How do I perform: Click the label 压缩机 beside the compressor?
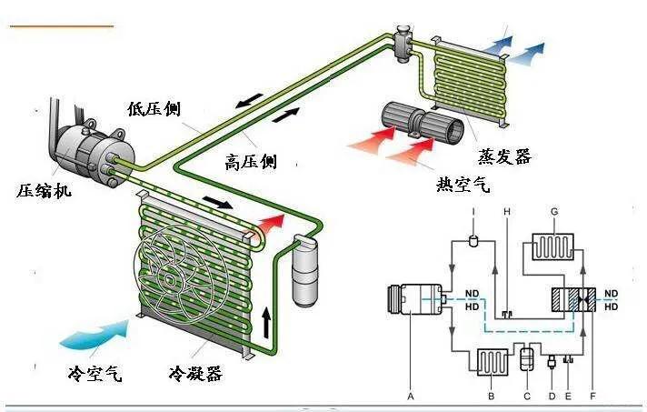pos(45,191)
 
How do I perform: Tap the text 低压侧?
pos(154,110)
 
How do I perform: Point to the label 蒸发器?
pos(503,156)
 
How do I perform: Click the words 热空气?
pos(463,186)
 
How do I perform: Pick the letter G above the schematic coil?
pos(552,211)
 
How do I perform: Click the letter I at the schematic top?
pos(474,212)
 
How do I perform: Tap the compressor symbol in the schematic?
pos(414,298)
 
